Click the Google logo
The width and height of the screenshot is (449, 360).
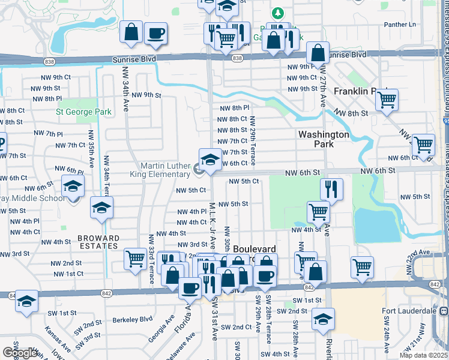click(x=20, y=353)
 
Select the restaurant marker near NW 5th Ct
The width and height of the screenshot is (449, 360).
click(x=331, y=189)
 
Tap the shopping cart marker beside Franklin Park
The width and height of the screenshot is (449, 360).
click(x=387, y=100)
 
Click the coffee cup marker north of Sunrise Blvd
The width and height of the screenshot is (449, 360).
click(x=156, y=34)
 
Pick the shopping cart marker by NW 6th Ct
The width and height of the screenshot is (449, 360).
click(x=424, y=145)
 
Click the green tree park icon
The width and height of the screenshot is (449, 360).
click(x=277, y=13)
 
